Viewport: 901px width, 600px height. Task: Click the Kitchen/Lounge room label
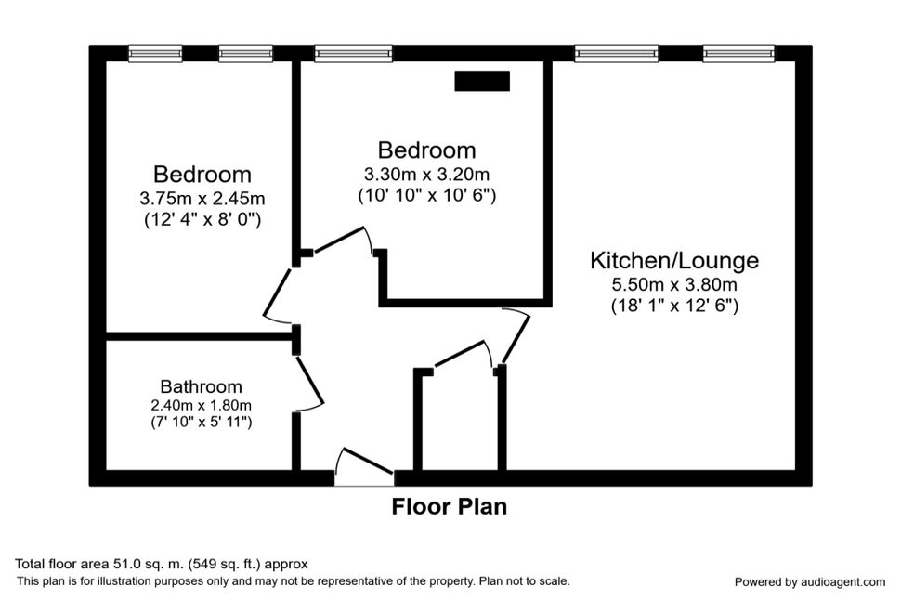674,261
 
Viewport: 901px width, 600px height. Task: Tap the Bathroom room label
202,386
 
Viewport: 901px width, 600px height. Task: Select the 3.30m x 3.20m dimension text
426,174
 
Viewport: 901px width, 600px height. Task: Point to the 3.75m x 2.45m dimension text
202,198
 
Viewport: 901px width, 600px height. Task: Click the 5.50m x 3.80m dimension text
674,284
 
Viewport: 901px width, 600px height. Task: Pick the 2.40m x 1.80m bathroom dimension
202,405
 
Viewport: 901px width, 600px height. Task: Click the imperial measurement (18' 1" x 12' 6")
674,306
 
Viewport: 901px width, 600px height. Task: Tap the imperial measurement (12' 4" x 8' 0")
202,219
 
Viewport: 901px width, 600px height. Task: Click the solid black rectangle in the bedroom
482,81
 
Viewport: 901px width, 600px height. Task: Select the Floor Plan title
450,506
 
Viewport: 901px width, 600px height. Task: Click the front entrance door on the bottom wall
364,464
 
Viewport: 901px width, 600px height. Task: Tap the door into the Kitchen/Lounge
516,335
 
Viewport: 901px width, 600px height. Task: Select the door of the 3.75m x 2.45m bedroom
277,294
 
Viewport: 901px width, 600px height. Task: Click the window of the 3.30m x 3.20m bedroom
353,54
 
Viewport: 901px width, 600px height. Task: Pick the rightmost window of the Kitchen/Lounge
738,54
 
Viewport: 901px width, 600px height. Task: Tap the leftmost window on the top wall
155,54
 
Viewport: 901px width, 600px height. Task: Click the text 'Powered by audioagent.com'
810,582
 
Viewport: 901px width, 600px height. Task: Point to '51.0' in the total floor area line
115,564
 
